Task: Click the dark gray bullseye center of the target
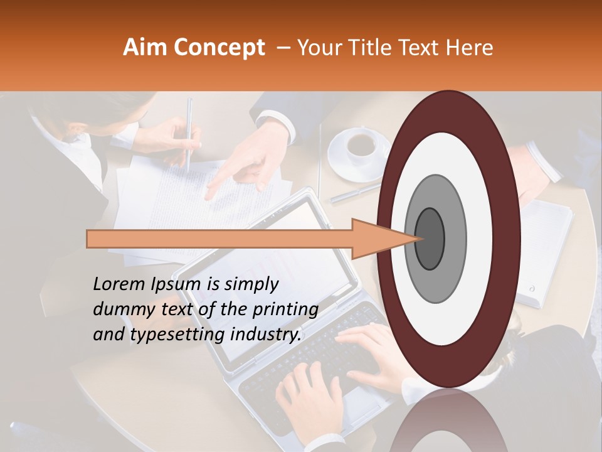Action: pos(430,238)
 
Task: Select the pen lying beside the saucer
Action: pos(354,193)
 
